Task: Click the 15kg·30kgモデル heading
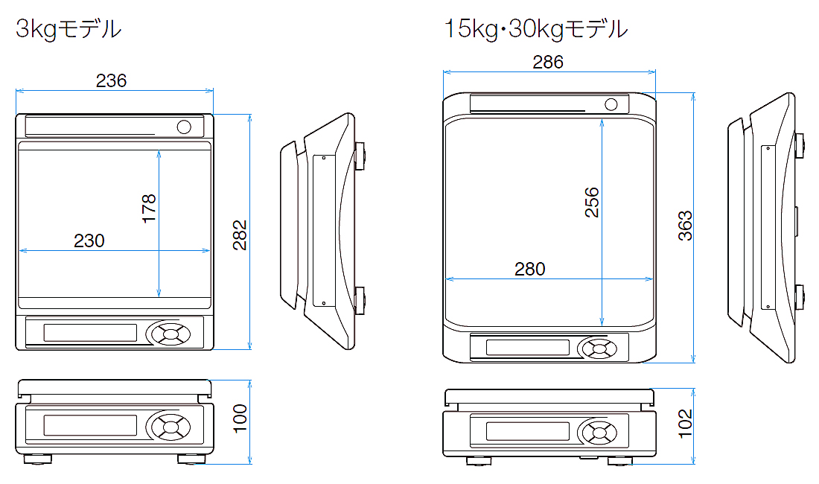535,29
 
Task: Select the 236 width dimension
112,80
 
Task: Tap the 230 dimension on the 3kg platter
89,241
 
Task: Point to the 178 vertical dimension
149,209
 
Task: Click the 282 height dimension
239,235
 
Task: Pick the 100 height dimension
239,420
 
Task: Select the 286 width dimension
548,62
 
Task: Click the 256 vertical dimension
592,202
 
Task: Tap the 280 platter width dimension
529,269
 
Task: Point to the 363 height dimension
685,226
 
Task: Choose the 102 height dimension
685,423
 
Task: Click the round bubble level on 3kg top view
184,126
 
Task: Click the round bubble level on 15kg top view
611,104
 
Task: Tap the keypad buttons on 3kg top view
170,333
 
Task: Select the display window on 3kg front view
90,426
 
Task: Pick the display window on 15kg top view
527,348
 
